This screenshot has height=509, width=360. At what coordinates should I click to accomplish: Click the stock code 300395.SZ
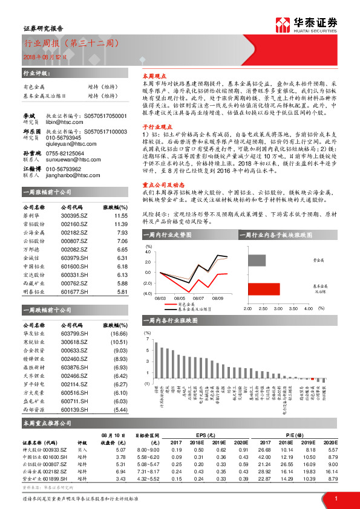coord(74,215)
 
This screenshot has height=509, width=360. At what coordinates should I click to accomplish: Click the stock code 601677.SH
coord(74,291)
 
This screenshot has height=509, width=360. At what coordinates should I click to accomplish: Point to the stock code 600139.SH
coord(74,409)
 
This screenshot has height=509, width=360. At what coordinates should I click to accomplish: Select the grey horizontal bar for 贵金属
coord(257,261)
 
